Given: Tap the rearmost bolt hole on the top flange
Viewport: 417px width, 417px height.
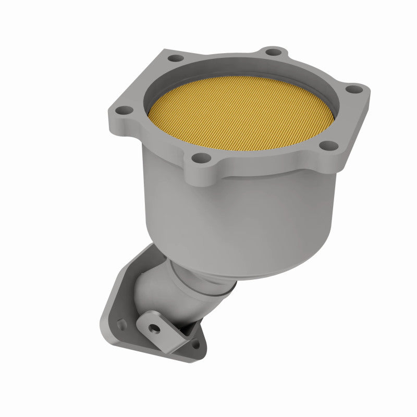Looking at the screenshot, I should click(270, 52).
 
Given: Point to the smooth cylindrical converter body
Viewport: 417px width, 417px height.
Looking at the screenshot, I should click(208, 208).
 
